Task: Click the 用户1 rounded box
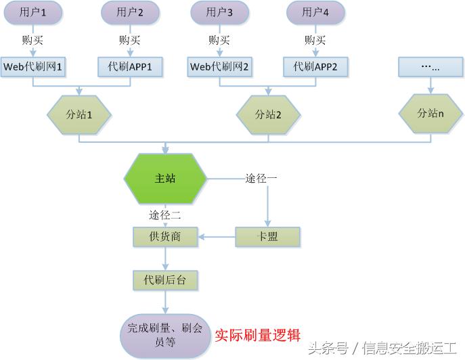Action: pos(33,12)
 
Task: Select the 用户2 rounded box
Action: pos(130,12)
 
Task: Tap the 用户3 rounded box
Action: pos(219,12)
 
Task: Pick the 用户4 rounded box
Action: pos(315,12)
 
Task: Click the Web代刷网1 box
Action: pos(33,66)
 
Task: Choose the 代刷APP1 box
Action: pos(130,66)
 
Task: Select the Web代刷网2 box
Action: pos(219,66)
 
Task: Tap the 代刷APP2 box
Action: pos(315,66)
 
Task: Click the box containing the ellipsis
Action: pos(430,66)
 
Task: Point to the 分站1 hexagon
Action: pos(79,114)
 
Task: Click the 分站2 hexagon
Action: pos(268,114)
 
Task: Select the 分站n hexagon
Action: pos(430,113)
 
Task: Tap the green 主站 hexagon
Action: pos(165,179)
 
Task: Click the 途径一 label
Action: pos(261,179)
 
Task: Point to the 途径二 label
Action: pos(165,215)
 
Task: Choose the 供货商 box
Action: pos(165,237)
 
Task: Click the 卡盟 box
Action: pos(267,237)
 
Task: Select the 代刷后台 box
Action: pos(165,279)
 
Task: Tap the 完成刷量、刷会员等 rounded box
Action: pos(165,335)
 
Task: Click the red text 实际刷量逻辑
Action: pos(257,335)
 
